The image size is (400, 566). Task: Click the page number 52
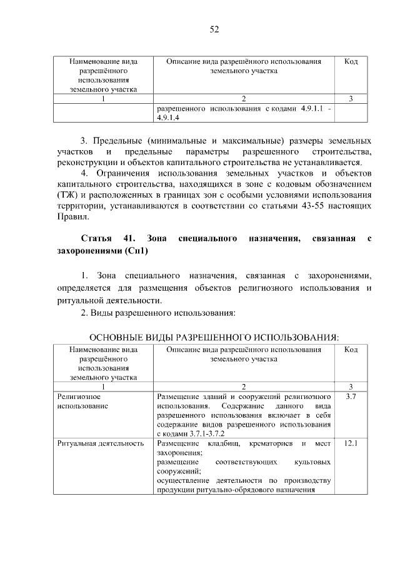(x=214, y=29)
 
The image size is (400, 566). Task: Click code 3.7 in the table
(x=351, y=397)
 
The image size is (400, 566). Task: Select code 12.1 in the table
(x=351, y=443)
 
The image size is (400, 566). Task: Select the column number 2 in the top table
(x=244, y=99)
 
